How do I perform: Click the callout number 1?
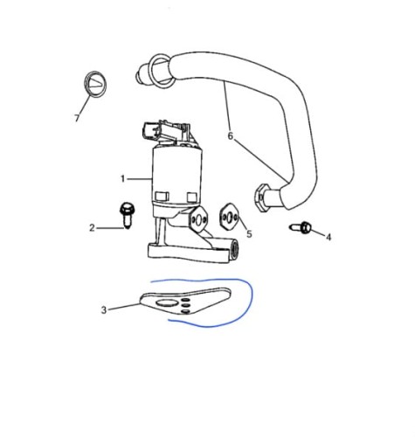point(122,178)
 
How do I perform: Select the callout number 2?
point(92,228)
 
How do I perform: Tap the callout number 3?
point(104,310)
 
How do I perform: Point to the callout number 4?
point(329,237)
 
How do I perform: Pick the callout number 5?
point(249,233)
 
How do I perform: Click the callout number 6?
point(231,135)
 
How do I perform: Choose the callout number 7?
point(77,118)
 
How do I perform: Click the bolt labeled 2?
point(127,215)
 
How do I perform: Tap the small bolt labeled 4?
point(301,227)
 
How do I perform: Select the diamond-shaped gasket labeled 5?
point(230,217)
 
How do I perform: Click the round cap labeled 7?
point(95,84)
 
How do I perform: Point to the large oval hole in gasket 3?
point(166,303)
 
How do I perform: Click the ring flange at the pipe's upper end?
point(160,71)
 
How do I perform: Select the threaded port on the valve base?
point(234,248)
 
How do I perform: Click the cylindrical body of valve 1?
point(177,174)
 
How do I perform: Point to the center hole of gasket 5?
point(230,217)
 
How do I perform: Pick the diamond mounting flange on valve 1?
point(198,220)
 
